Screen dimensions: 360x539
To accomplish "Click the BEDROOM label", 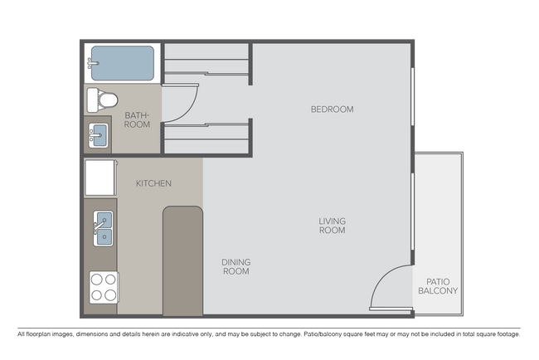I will pyautogui.click(x=332, y=109).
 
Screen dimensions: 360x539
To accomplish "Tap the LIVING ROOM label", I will pyautogui.click(x=332, y=226).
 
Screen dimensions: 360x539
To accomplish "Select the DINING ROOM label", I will pyautogui.click(x=236, y=266).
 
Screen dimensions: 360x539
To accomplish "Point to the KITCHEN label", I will pyautogui.click(x=154, y=183).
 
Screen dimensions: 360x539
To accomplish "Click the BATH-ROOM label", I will pyautogui.click(x=137, y=119).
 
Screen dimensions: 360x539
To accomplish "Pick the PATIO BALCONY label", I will pyautogui.click(x=439, y=286).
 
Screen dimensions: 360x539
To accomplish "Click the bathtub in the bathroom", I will pyautogui.click(x=122, y=63).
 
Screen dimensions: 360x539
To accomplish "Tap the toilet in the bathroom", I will pyautogui.click(x=100, y=100).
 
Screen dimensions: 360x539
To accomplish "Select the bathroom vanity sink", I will pyautogui.click(x=99, y=134).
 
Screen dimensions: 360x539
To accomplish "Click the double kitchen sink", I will pyautogui.click(x=104, y=229).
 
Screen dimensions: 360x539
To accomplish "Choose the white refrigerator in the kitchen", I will pyautogui.click(x=100, y=178).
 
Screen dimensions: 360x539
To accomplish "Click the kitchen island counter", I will pyautogui.click(x=182, y=260).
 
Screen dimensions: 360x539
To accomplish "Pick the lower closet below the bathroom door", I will pyautogui.click(x=207, y=138).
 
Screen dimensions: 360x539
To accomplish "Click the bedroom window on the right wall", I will pyautogui.click(x=412, y=98).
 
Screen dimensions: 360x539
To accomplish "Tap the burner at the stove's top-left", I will pyautogui.click(x=97, y=280).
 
